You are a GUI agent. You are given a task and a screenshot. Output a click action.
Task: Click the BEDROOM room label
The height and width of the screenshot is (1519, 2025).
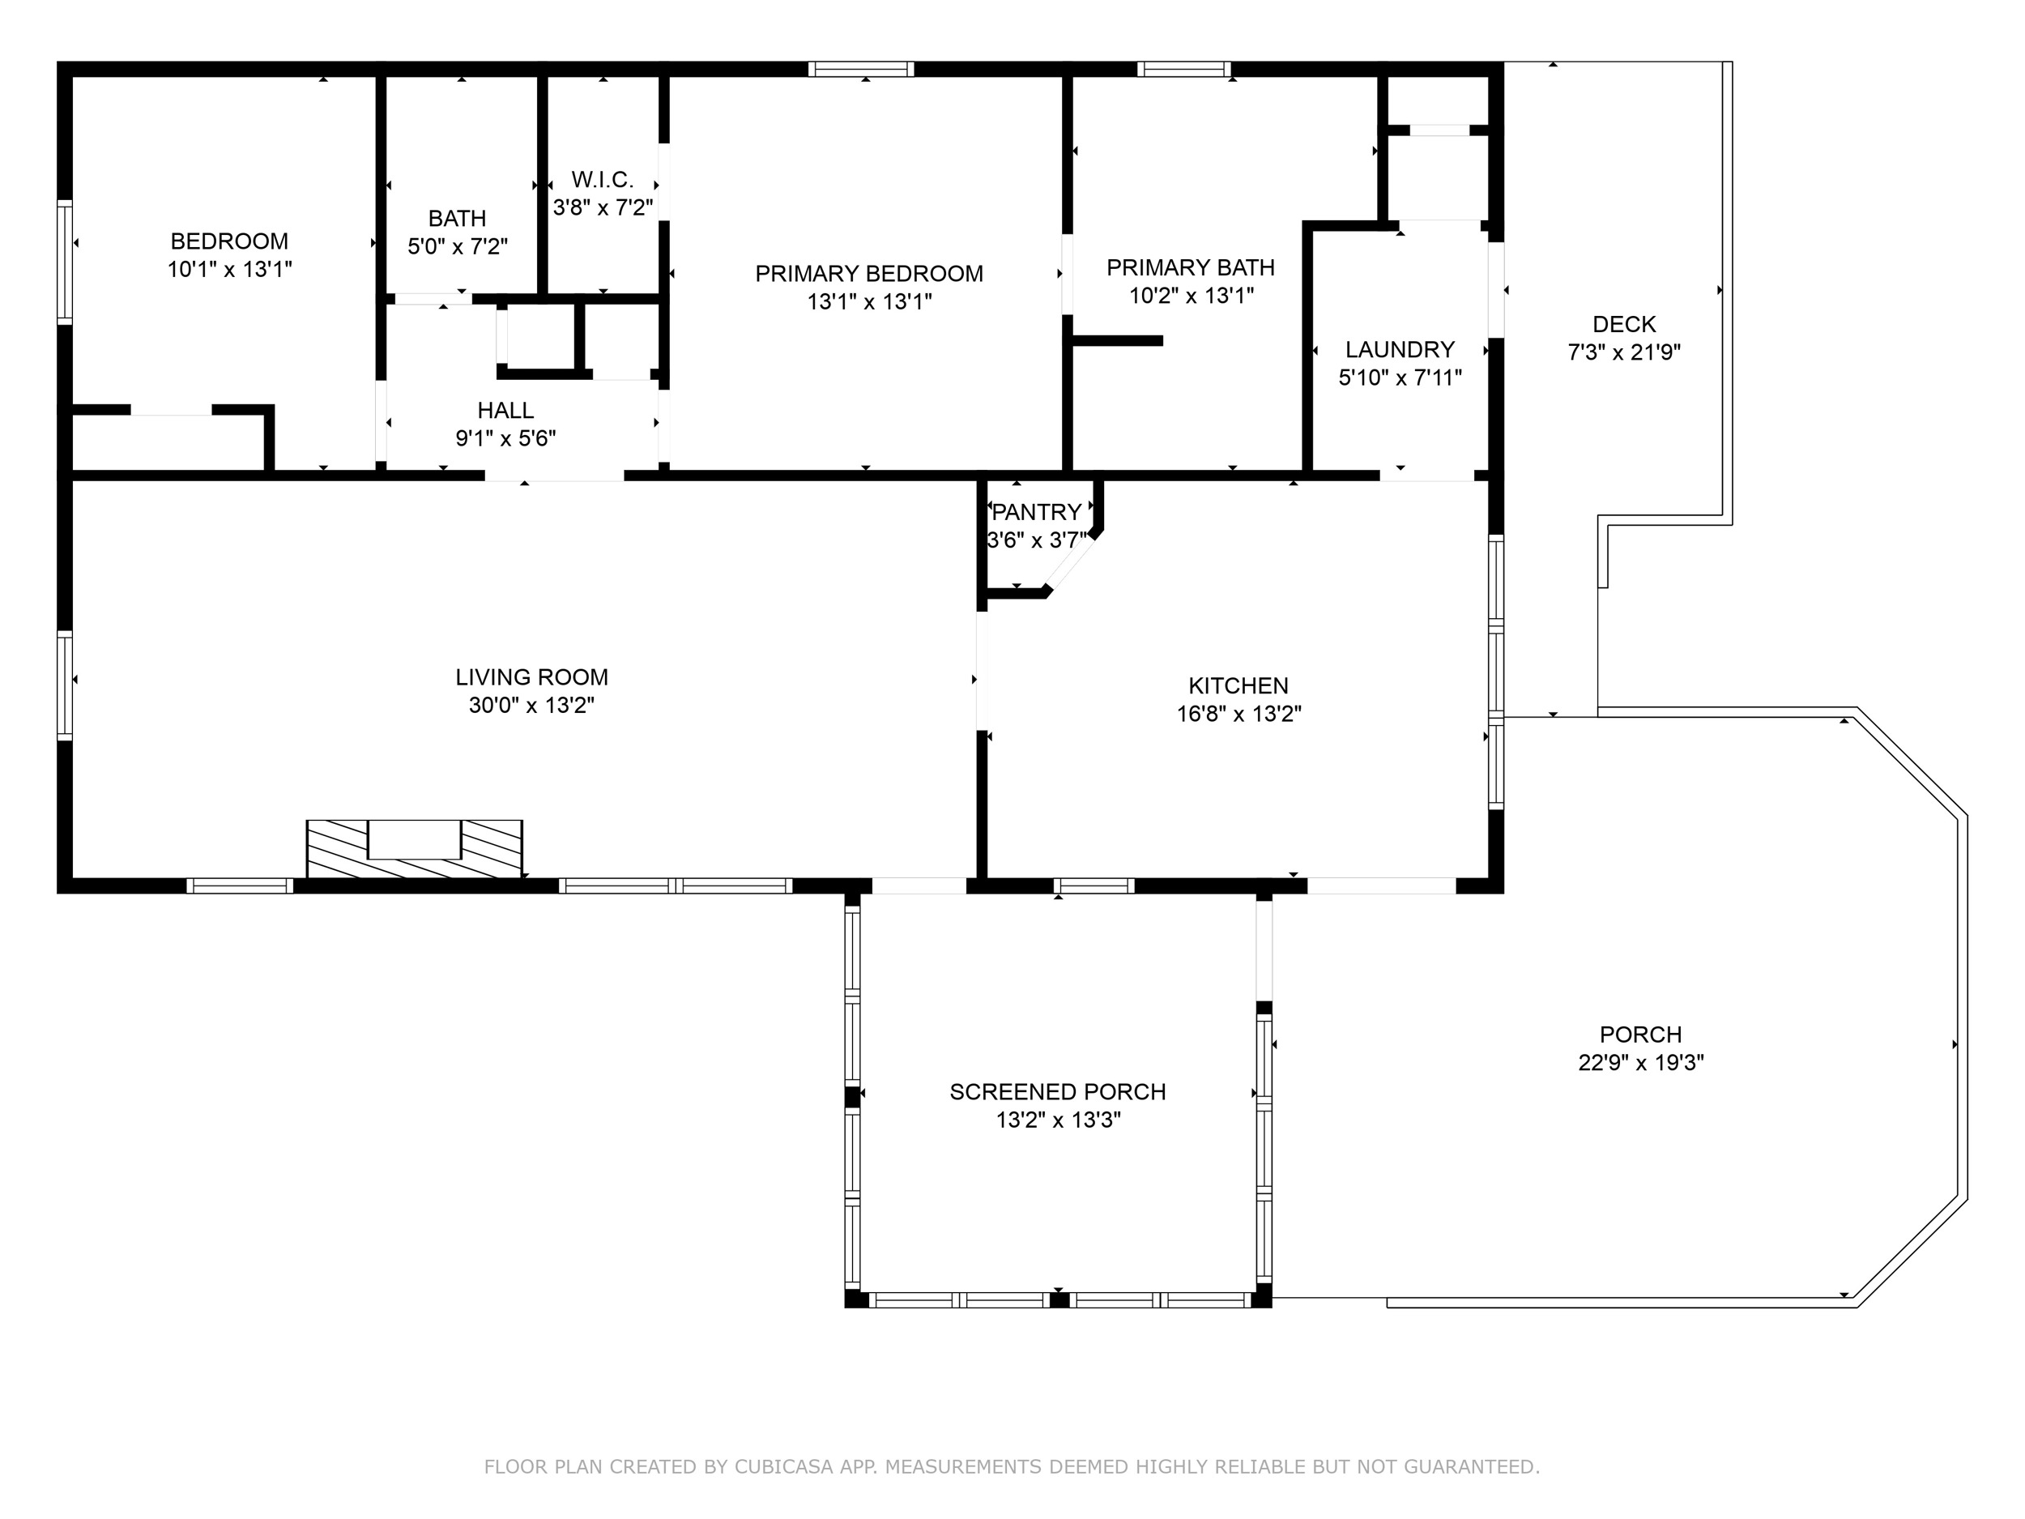pyautogui.click(x=229, y=241)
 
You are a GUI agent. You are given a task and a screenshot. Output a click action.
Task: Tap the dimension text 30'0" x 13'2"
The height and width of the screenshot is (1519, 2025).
pyautogui.click(x=532, y=705)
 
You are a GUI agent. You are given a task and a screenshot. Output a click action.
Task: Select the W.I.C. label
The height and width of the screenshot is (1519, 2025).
pyautogui.click(x=603, y=180)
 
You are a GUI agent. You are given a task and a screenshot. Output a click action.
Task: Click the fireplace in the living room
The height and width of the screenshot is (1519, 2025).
pyautogui.click(x=415, y=848)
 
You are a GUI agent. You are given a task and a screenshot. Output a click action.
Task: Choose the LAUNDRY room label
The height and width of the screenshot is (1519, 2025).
pyautogui.click(x=1400, y=349)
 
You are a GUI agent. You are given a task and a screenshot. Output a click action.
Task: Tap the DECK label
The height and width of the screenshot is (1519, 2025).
pyautogui.click(x=1624, y=324)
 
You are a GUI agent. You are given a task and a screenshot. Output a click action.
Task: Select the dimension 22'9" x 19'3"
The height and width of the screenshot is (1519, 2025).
pyautogui.click(x=1640, y=1062)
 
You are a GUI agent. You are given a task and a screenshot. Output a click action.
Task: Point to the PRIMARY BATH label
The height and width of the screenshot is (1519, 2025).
pyautogui.click(x=1190, y=267)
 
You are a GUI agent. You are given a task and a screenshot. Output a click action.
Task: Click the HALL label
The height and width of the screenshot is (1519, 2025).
pyautogui.click(x=505, y=410)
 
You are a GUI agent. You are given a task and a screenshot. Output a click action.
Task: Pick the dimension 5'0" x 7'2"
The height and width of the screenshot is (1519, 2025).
pyautogui.click(x=458, y=246)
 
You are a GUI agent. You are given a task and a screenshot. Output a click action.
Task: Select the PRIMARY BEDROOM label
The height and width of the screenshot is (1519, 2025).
pyautogui.click(x=869, y=273)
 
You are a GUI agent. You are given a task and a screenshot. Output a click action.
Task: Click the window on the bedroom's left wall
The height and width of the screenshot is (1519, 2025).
pyautogui.click(x=64, y=262)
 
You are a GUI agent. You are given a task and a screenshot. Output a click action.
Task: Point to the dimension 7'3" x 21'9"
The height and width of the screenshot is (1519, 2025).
pyautogui.click(x=1624, y=352)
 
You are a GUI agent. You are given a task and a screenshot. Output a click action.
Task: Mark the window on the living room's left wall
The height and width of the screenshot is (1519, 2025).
pyautogui.click(x=64, y=685)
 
